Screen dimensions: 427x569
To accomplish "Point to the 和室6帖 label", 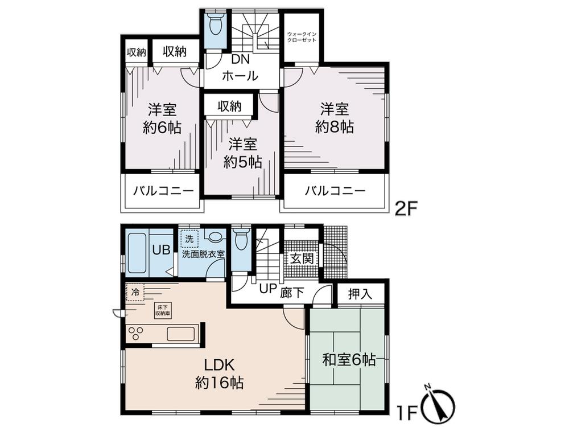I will pyautogui.click(x=348, y=360).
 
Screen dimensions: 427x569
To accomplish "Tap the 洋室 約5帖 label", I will pyautogui.click(x=242, y=152).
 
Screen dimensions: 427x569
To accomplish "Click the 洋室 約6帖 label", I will pyautogui.click(x=162, y=118).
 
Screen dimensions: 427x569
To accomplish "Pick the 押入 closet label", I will pyautogui.click(x=360, y=294).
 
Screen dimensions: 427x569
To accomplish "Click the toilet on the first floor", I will pyautogui.click(x=241, y=239).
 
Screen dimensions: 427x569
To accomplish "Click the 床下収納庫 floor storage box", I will pyautogui.click(x=162, y=311).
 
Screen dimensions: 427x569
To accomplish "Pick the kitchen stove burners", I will pyautogui.click(x=138, y=333).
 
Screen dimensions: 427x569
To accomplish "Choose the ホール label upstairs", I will pyautogui.click(x=240, y=76).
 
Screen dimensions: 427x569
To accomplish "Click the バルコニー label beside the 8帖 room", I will pyautogui.click(x=334, y=191).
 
